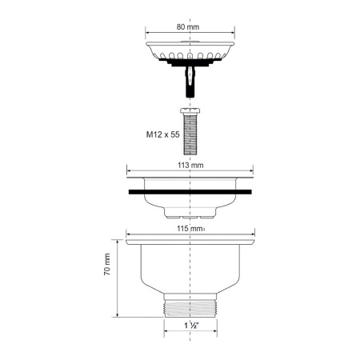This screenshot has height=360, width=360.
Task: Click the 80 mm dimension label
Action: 187,26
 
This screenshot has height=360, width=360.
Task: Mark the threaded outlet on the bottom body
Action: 190,304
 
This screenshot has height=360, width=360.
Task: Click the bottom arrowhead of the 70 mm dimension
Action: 119,314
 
